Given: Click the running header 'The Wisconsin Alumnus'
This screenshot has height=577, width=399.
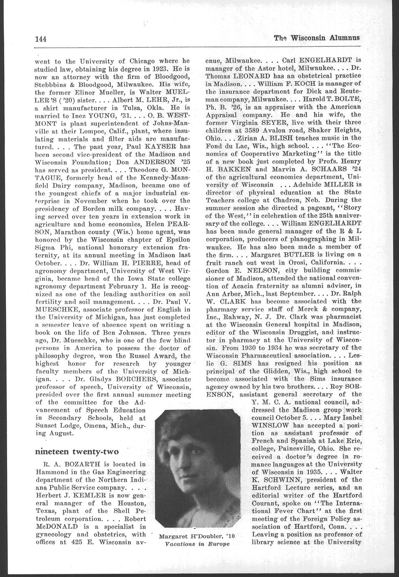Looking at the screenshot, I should pyautogui.click(x=317, y=38).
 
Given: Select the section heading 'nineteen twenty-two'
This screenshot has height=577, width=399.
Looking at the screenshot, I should pyautogui.click(x=76, y=452).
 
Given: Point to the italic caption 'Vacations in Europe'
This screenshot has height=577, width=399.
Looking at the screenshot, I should pyautogui.click(x=192, y=544).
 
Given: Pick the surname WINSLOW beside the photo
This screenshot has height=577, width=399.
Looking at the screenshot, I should pyautogui.click(x=270, y=424).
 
